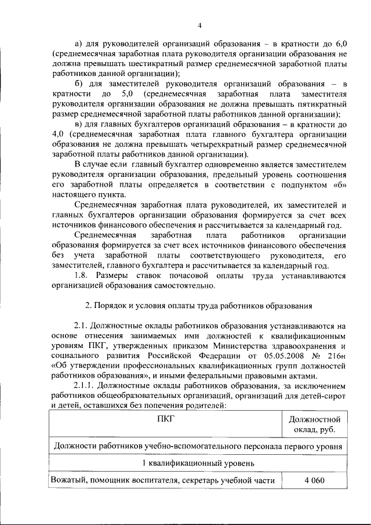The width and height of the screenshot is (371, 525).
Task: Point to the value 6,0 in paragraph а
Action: [x=339, y=44]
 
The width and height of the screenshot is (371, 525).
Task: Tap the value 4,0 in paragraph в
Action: [x=58, y=134]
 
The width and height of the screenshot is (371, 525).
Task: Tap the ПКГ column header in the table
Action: [x=165, y=419]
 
